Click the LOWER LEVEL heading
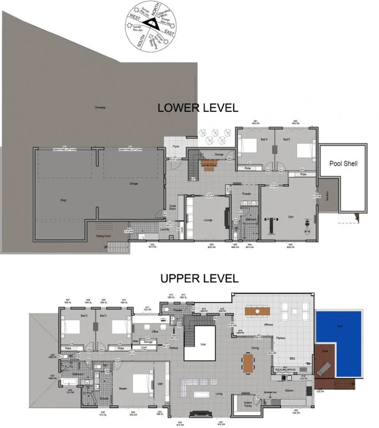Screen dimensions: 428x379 [x=198, y=108]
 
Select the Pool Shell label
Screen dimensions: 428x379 [x=343, y=164]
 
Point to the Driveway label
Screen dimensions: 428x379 [x=100, y=108]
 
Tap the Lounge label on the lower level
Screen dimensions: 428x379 [x=208, y=219]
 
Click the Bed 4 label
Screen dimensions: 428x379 [x=264, y=139]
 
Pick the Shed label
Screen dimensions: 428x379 [x=64, y=201]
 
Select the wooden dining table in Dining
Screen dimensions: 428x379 [x=249, y=362]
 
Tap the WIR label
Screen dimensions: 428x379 [x=160, y=384]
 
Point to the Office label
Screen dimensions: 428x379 [x=155, y=332]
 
